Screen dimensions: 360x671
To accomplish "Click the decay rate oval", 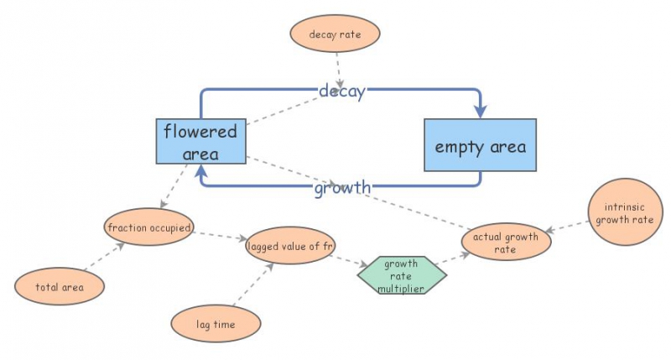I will point(335,34).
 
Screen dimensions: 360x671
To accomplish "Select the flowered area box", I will point(200,141).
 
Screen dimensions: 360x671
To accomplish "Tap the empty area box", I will point(480,146).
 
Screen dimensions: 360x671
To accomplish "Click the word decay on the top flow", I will point(341,91).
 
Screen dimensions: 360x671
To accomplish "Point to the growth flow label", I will point(342,187).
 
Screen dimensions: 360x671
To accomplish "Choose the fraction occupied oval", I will point(150,227).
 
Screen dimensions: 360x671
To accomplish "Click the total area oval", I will point(60,287).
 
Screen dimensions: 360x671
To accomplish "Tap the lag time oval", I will point(216,323).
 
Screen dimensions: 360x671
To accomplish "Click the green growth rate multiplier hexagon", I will point(401,275).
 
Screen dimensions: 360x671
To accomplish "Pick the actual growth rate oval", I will point(506,243).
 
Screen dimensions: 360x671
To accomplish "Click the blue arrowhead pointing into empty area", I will point(481,110).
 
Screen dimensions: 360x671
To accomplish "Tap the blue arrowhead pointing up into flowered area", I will point(200,171).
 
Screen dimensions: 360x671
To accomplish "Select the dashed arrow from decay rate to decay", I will point(338,67).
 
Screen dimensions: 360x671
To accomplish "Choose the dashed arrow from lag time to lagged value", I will point(252,285).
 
